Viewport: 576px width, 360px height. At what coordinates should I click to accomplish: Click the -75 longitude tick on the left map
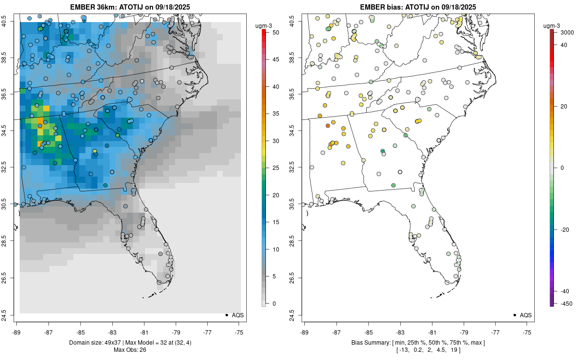pyautogui.click(x=239, y=332)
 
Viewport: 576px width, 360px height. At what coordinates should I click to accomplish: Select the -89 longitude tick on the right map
pyautogui.click(x=304, y=332)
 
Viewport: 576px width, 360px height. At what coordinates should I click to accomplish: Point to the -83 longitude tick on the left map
pyautogui.click(x=112, y=332)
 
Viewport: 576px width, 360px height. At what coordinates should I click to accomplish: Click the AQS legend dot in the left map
pyautogui.click(x=226, y=315)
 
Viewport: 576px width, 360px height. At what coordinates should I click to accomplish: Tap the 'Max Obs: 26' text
pyautogui.click(x=130, y=350)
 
